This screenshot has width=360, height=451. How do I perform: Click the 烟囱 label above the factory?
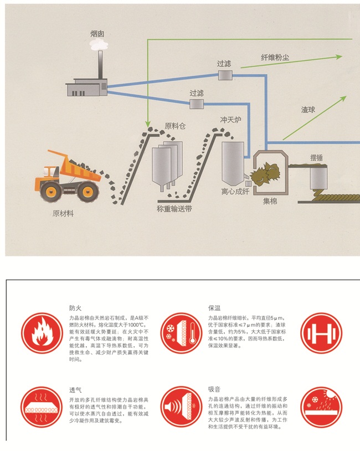(97, 34)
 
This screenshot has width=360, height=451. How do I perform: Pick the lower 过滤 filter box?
(197, 104)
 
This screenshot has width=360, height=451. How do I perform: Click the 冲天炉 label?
(229, 119)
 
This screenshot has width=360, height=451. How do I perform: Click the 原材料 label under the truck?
(63, 213)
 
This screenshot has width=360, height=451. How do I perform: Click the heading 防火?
(75, 307)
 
